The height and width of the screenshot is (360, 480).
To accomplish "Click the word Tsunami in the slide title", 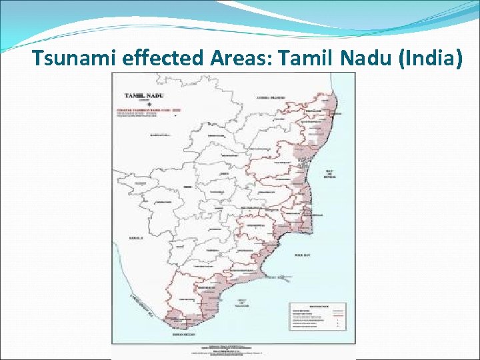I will (75, 59).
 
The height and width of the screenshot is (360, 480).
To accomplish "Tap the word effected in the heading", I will (164, 59).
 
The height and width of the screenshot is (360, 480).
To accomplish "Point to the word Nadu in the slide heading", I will (365, 59).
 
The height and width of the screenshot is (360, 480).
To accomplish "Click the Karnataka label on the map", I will (159, 135).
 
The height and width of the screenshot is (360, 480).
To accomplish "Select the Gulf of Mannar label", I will (241, 304).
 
